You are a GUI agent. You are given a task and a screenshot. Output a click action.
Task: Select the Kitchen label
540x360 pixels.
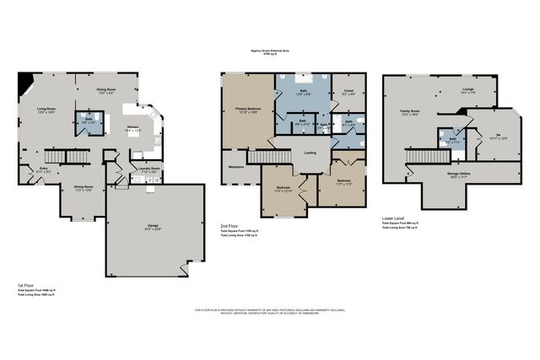click(132, 128)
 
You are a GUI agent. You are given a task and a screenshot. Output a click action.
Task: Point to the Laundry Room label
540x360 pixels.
click(149, 169)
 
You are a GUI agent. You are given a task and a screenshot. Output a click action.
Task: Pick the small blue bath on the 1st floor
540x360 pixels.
click(89, 122)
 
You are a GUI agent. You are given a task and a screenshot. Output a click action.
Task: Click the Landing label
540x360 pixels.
click(310, 152)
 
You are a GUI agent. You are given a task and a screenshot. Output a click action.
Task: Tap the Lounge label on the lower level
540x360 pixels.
click(467, 89)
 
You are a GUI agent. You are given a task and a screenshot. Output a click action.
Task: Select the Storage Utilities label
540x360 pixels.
click(459, 175)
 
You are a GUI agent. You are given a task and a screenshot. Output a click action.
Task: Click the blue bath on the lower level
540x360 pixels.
click(452, 139)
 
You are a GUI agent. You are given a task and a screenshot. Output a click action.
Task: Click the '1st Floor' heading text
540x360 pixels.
click(25, 285)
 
